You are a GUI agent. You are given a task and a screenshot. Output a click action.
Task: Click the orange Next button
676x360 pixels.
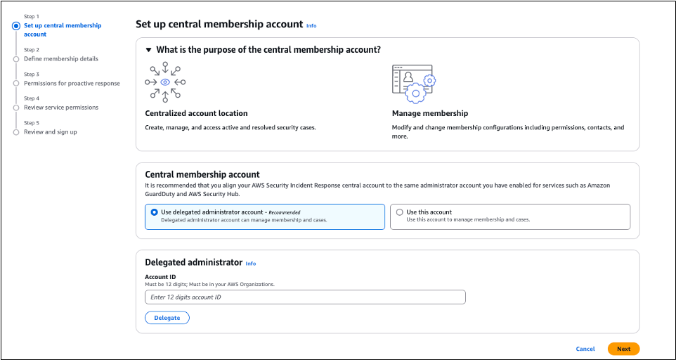pos(623,349)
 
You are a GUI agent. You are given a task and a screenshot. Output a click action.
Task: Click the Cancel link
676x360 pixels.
pos(585,349)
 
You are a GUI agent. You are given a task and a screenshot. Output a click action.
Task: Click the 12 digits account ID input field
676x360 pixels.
pos(305,297)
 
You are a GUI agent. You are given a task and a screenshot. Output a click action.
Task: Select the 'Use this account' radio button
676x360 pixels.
pos(400,212)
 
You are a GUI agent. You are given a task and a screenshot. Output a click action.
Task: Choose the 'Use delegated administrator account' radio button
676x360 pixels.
pos(155,212)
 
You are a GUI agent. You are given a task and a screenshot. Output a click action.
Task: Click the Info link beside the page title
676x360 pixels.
pos(311,25)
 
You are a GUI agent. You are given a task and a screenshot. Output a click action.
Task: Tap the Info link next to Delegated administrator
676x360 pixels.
pos(251,264)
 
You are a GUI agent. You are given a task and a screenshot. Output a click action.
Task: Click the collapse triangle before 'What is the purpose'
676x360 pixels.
pos(148,50)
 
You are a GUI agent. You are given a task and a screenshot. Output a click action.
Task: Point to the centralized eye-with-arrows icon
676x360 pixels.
pos(165,82)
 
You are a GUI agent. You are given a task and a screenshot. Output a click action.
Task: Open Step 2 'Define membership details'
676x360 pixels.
pos(61,59)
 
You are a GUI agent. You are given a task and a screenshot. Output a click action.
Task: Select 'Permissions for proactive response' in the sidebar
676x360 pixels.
pos(72,83)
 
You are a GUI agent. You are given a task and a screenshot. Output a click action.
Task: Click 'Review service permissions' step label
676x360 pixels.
pos(61,108)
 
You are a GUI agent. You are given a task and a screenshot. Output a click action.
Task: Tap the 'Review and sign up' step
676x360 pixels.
pos(51,131)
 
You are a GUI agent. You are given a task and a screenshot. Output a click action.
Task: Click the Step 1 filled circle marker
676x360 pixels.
pos(16,26)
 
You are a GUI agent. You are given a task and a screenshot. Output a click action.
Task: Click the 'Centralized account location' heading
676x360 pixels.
pos(196,113)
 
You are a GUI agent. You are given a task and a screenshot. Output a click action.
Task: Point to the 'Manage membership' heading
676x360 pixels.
pos(429,113)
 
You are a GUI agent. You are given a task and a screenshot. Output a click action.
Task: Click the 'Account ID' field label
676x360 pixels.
pos(160,277)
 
